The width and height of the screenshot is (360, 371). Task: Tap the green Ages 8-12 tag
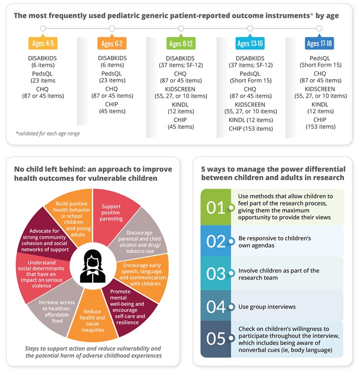click(181, 44)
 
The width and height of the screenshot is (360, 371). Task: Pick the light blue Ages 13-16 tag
click(250, 44)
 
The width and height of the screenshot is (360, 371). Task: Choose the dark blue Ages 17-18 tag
click(319, 44)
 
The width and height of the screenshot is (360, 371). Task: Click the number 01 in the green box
click(216, 207)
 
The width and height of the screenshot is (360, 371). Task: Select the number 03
click(216, 274)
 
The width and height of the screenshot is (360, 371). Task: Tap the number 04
click(216, 307)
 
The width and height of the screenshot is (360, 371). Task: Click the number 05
click(216, 339)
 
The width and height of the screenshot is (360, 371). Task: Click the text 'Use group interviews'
click(267, 307)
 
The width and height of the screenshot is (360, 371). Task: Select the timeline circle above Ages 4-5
click(43, 28)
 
